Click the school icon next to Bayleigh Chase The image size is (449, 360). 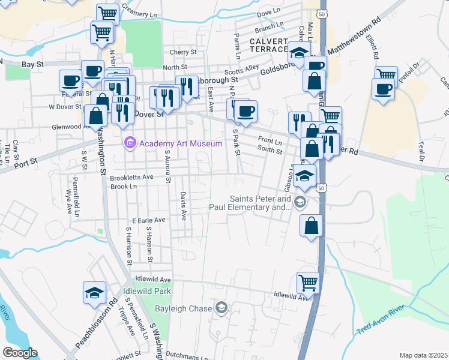(x=222, y=308)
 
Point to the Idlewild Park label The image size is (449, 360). (x=147, y=291)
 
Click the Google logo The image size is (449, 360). (x=20, y=353)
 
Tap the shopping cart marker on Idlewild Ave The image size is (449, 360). (x=308, y=281)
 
